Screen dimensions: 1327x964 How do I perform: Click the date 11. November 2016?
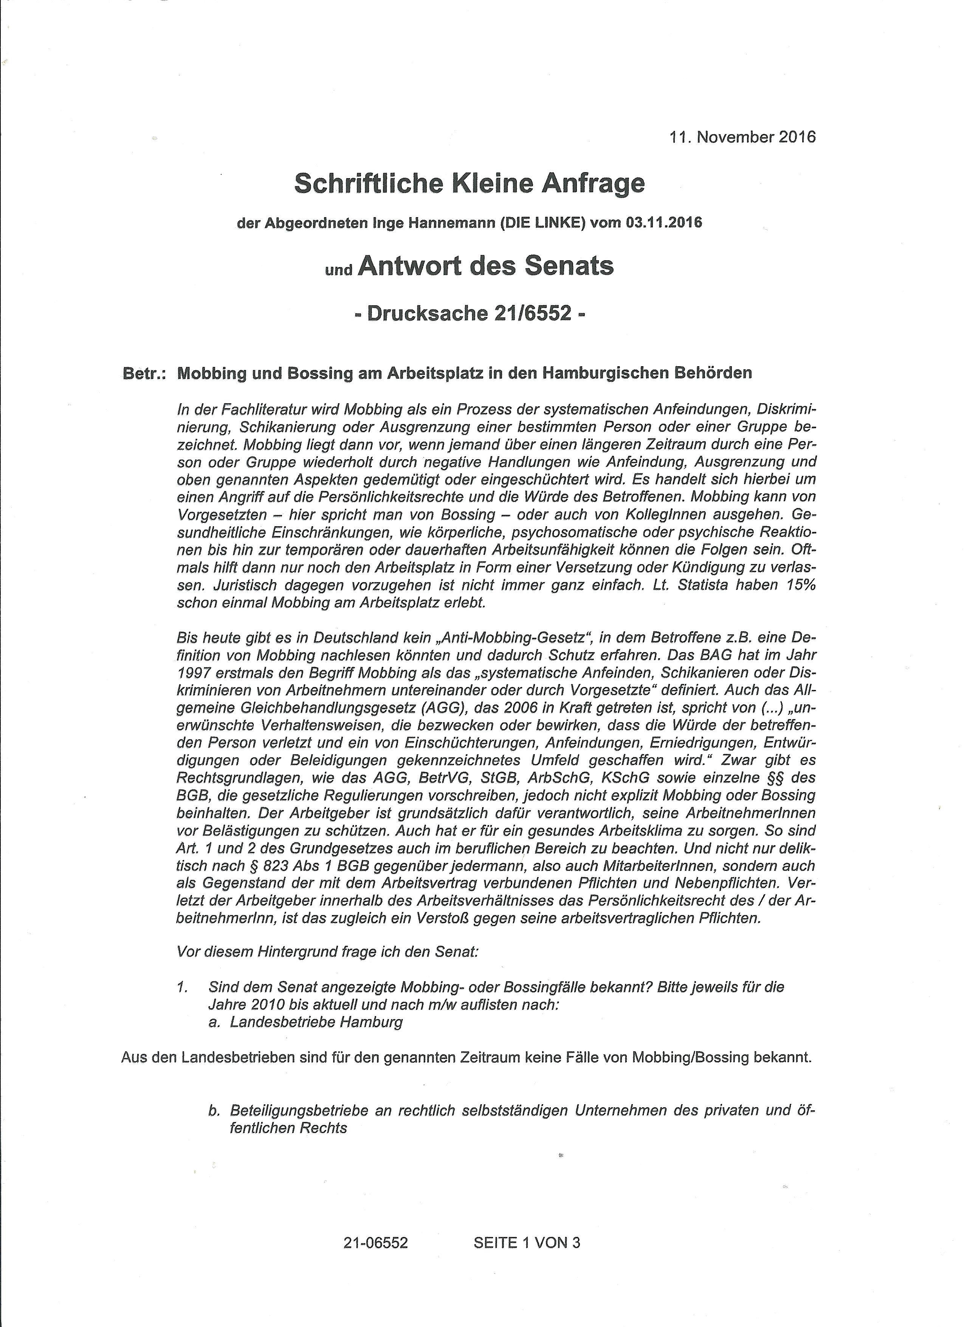[742, 137]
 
